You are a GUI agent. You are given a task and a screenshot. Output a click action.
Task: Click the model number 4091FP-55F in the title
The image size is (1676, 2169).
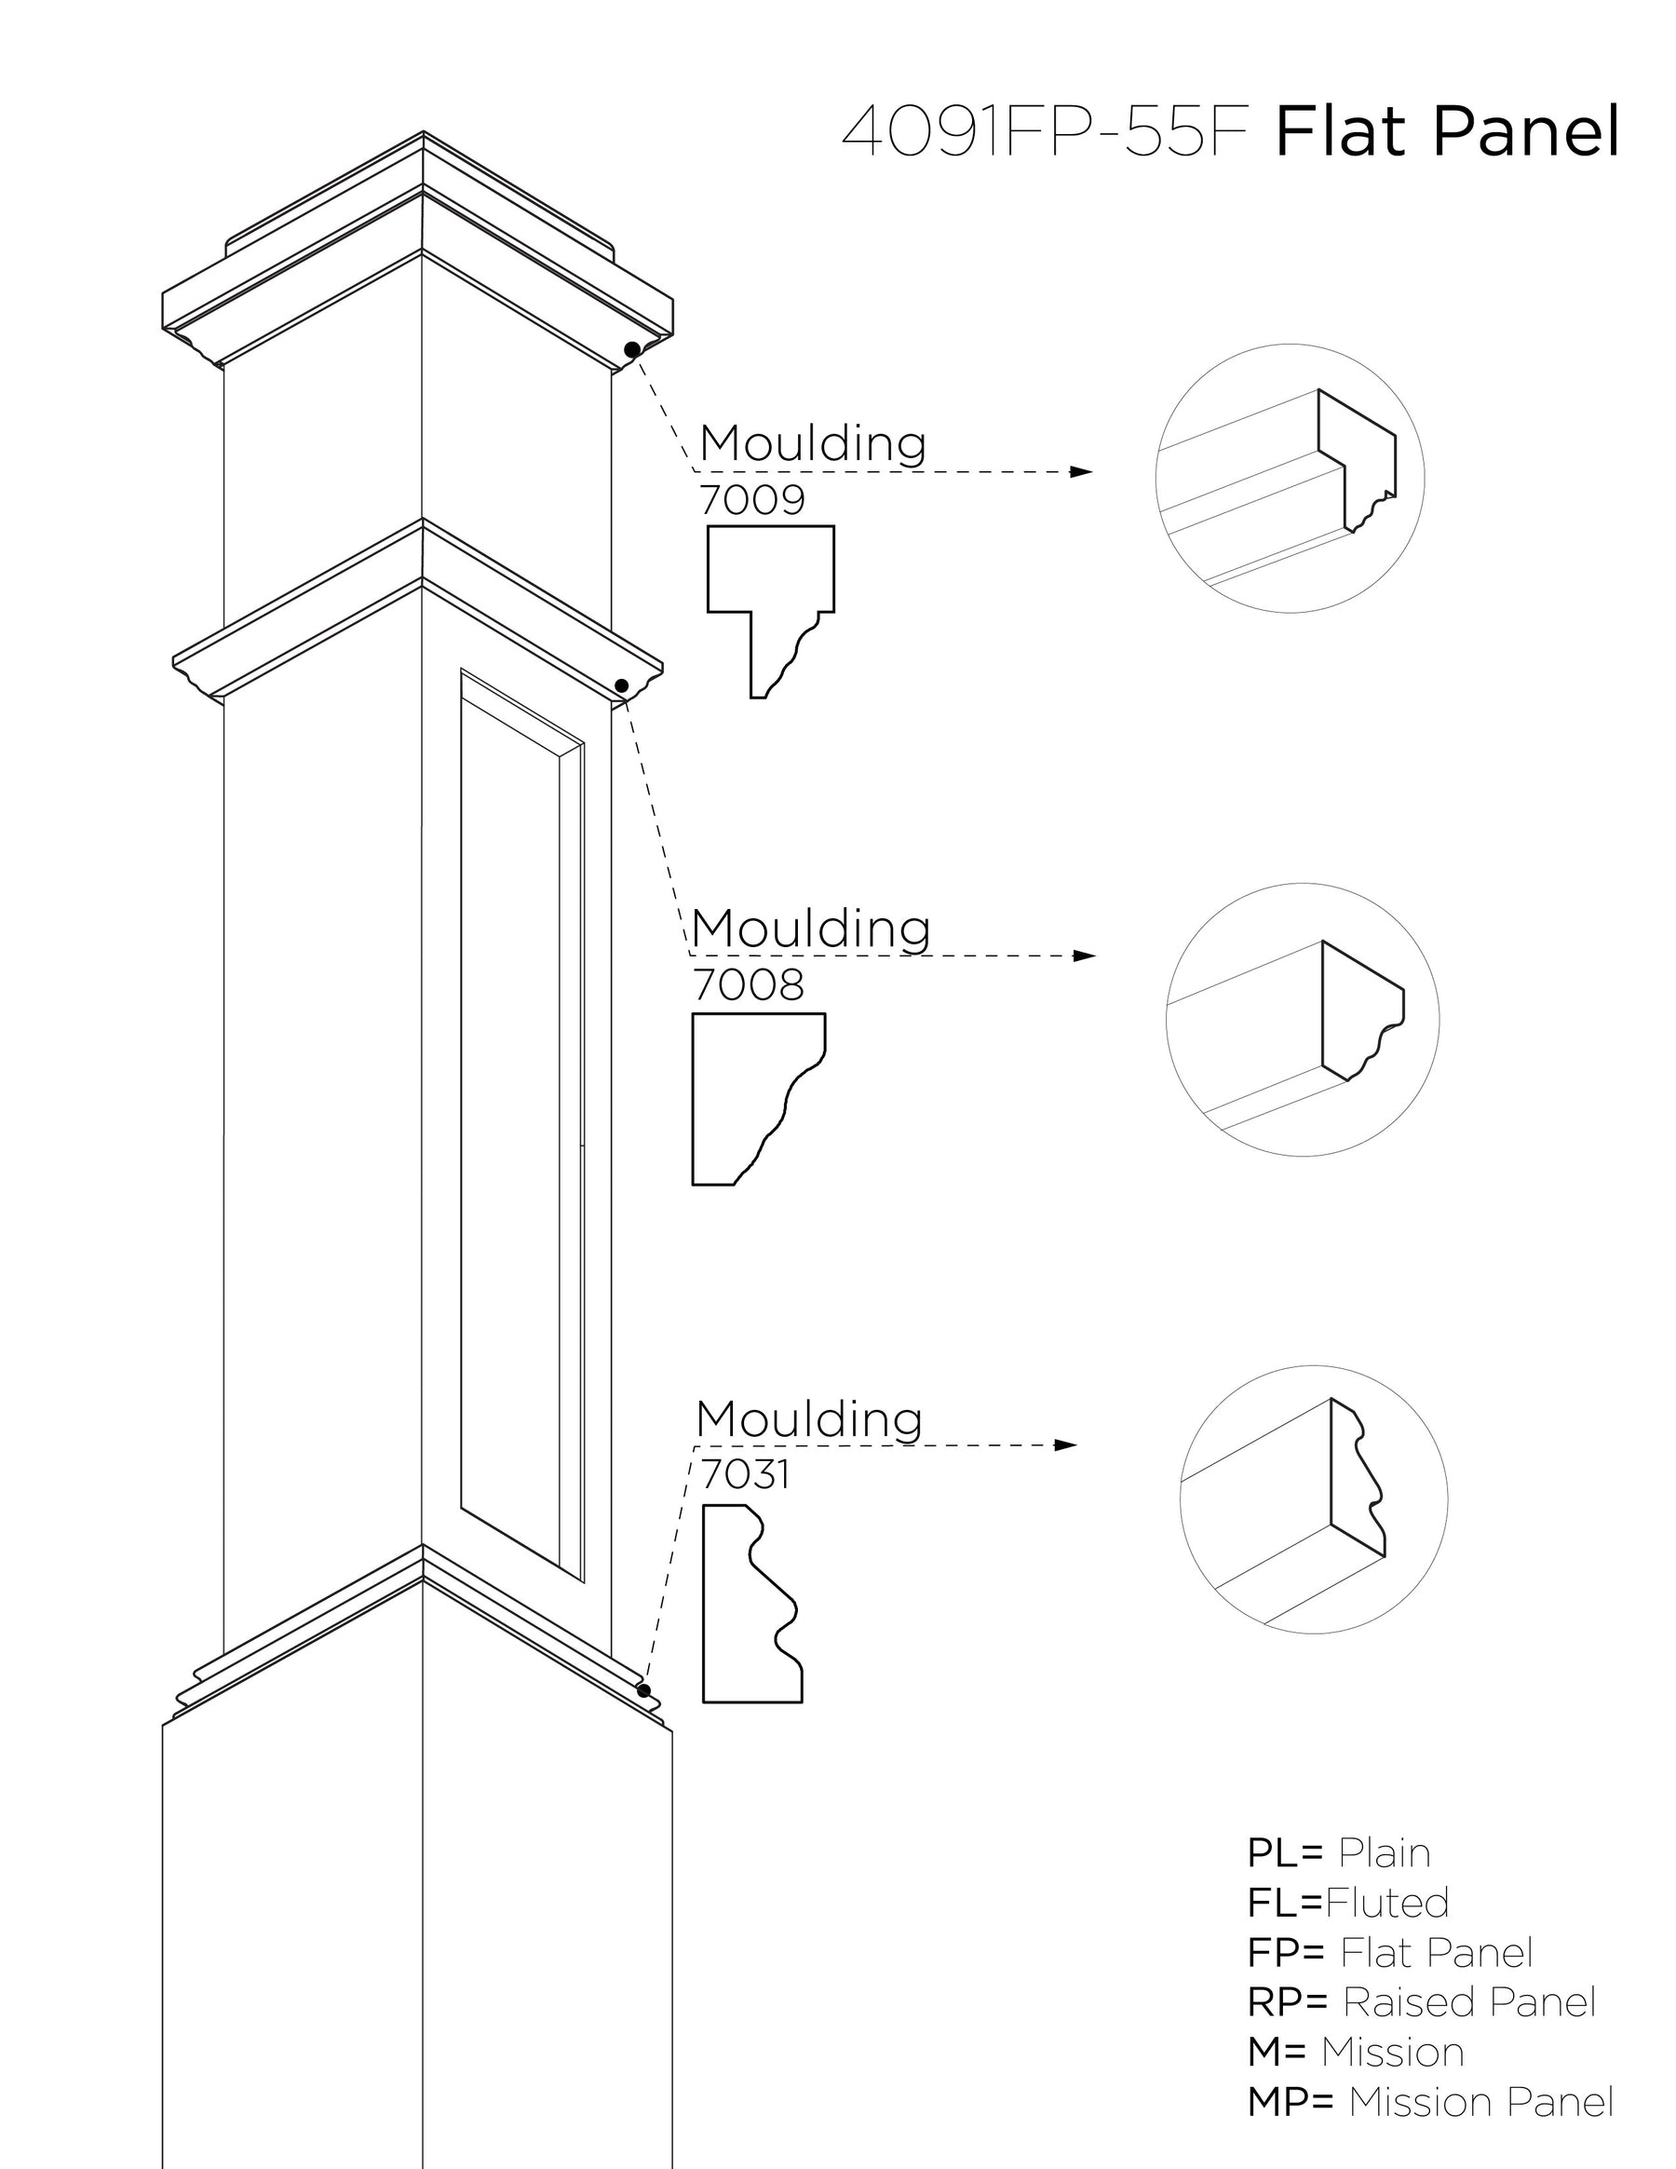pyautogui.click(x=1045, y=133)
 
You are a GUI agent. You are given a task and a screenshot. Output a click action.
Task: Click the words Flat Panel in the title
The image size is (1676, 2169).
pyautogui.click(x=1446, y=133)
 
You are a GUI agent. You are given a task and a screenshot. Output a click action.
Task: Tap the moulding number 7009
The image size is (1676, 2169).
pyautogui.click(x=751, y=499)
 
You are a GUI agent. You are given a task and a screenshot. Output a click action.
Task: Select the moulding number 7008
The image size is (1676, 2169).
pyautogui.click(x=748, y=984)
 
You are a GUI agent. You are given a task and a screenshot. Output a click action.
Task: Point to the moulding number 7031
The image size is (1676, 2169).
pyautogui.click(x=745, y=1475)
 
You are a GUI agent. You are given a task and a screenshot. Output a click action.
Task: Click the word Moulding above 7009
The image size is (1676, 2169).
pyautogui.click(x=812, y=443)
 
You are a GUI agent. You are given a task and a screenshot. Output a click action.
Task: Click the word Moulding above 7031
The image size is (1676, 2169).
pyautogui.click(x=808, y=1419)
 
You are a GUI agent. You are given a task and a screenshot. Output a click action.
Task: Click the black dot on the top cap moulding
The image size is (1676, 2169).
pyautogui.click(x=632, y=349)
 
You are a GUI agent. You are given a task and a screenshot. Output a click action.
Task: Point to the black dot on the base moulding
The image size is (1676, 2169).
pyautogui.click(x=643, y=1690)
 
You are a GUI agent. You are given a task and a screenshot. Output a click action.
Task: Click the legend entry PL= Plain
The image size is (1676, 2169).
pyautogui.click(x=1337, y=1853)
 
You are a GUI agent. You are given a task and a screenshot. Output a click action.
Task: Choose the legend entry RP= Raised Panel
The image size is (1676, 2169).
pyautogui.click(x=1421, y=2002)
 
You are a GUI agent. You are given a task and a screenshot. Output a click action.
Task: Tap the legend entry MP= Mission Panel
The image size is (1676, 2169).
pyautogui.click(x=1430, y=2103)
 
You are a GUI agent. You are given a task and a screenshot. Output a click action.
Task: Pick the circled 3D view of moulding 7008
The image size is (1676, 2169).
pyautogui.click(x=1302, y=1019)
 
